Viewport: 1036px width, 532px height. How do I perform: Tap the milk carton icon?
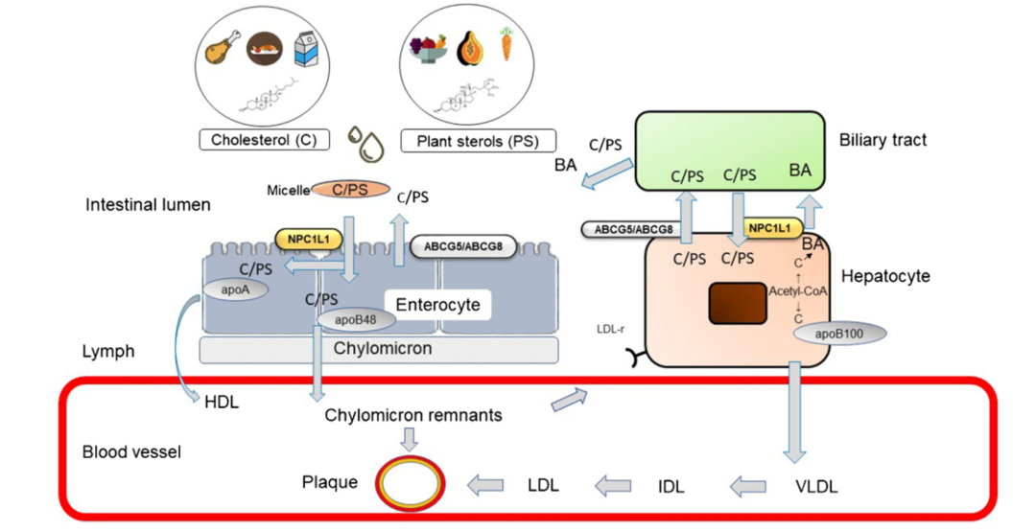click(305, 49)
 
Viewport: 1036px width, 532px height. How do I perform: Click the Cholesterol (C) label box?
click(265, 140)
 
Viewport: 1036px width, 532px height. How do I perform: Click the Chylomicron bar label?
click(382, 348)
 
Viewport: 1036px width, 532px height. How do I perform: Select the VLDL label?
click(816, 486)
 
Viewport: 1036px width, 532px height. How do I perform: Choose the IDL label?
click(671, 486)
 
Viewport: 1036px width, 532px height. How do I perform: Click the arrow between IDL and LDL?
click(612, 486)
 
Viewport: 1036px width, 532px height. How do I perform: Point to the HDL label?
click(222, 403)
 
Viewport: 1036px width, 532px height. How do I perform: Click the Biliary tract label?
click(883, 140)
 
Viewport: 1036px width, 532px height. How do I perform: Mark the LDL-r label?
click(611, 329)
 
